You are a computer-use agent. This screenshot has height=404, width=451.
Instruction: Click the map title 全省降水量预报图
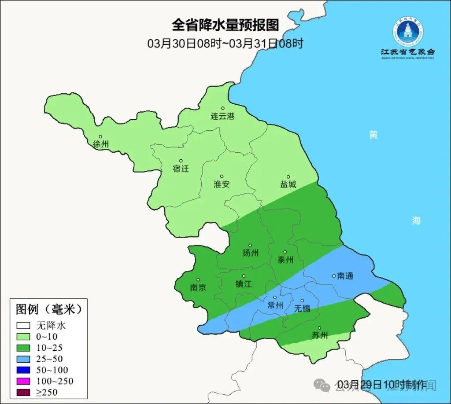(x=225, y=25)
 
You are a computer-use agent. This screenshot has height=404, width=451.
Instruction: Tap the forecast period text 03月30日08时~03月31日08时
(x=225, y=43)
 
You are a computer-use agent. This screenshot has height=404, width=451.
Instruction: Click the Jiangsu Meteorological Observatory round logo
(x=408, y=32)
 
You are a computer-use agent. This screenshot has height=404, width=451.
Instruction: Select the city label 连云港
(x=222, y=117)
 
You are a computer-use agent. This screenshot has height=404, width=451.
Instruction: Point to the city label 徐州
(x=101, y=144)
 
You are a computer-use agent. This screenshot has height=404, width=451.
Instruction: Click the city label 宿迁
(x=181, y=169)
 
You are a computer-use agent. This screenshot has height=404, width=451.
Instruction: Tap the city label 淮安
(x=222, y=184)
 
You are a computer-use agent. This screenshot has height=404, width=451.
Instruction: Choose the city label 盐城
(x=288, y=184)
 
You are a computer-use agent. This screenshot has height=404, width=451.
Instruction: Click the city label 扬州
(x=250, y=253)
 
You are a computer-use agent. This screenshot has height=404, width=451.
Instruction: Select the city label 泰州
(x=285, y=260)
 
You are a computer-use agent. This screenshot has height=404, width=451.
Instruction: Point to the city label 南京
(x=198, y=287)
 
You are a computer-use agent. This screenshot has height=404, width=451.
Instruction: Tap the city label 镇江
(x=243, y=284)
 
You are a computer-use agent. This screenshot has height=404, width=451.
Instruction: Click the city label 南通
(x=345, y=276)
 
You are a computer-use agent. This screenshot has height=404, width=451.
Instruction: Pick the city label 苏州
(x=320, y=335)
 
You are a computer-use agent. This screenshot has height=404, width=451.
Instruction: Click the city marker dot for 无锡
(x=302, y=301)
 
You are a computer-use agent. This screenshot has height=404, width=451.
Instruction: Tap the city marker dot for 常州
(x=275, y=297)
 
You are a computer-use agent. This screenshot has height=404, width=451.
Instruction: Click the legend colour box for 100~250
(x=23, y=381)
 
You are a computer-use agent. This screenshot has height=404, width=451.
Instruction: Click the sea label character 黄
(x=373, y=135)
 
